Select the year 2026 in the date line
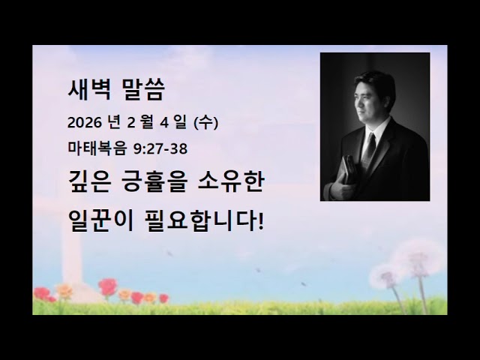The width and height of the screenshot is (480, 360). (x=82, y=122)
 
